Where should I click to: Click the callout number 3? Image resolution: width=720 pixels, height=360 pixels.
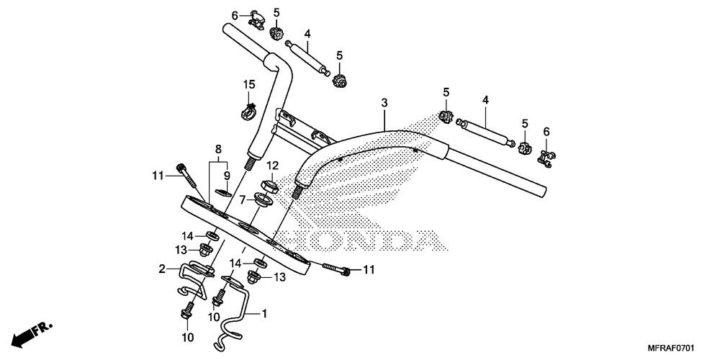[384, 104]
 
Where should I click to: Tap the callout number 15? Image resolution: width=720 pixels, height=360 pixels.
[249, 85]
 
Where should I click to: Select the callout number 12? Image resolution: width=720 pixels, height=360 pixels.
[272, 166]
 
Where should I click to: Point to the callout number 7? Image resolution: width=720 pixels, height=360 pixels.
[242, 199]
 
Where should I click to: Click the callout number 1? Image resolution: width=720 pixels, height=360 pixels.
[264, 313]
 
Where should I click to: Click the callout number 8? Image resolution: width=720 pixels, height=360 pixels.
[217, 150]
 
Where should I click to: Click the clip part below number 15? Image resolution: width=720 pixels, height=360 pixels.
[248, 110]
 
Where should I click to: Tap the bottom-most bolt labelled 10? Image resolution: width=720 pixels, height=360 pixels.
[186, 312]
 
